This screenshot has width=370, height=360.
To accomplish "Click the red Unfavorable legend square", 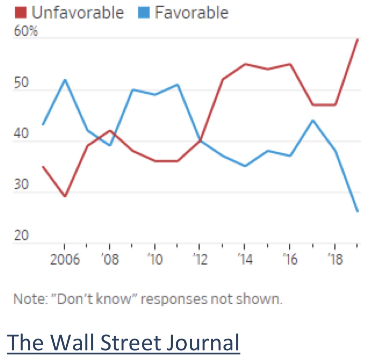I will pyautogui.click(x=20, y=13).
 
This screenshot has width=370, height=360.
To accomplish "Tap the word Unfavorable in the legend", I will pyautogui.click(x=77, y=13).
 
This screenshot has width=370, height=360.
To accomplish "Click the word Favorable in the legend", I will pyautogui.click(x=191, y=13).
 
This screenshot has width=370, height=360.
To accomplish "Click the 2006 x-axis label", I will pyautogui.click(x=65, y=260).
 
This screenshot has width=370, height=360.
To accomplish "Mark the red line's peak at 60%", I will pyautogui.click(x=357, y=39).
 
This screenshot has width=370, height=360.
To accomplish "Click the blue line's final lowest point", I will pyautogui.click(x=357, y=211).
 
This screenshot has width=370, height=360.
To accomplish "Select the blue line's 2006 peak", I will pyautogui.click(x=65, y=80).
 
